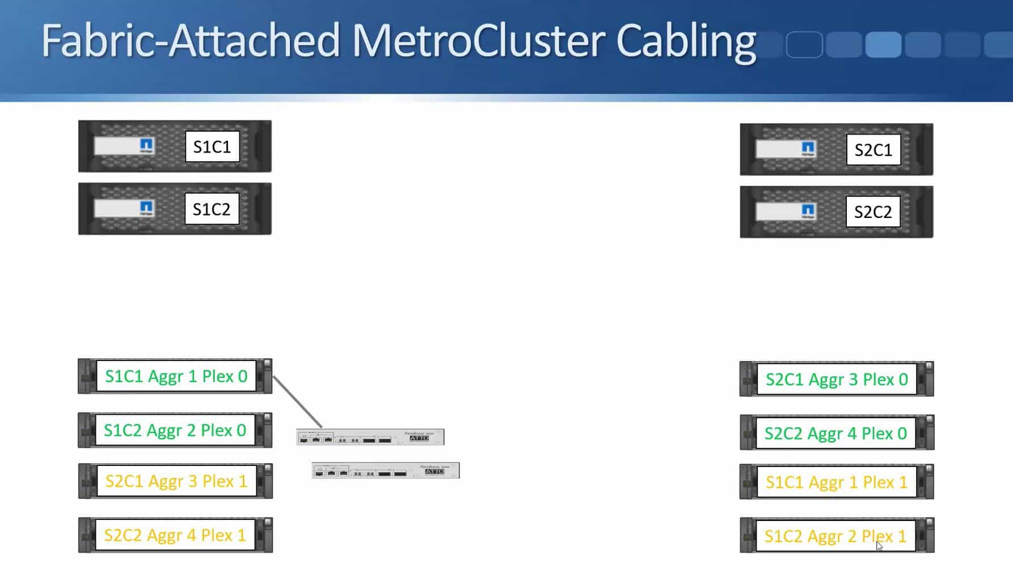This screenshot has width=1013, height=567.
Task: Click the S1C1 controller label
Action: click(x=212, y=147)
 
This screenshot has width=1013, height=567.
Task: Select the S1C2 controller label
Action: click(x=212, y=209)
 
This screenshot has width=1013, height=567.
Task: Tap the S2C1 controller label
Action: click(x=873, y=150)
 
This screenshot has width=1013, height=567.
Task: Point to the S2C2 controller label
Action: click(x=872, y=212)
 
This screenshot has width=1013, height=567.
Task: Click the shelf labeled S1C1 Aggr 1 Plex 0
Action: click(x=176, y=376)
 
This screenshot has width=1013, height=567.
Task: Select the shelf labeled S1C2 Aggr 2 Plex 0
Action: click(x=175, y=430)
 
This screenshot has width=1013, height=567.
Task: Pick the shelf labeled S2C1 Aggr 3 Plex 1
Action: click(x=176, y=481)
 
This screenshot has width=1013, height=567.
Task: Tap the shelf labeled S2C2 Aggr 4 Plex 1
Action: click(x=175, y=535)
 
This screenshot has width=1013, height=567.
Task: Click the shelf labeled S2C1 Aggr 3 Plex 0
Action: click(x=837, y=379)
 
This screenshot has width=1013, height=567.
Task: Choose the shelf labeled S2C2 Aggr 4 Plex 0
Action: click(x=835, y=434)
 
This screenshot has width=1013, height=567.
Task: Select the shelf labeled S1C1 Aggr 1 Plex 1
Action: click(x=837, y=482)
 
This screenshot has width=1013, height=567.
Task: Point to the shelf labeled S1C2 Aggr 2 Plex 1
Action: click(x=835, y=536)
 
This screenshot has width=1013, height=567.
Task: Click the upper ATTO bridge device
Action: click(x=370, y=437)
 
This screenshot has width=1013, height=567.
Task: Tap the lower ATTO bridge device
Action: click(x=386, y=471)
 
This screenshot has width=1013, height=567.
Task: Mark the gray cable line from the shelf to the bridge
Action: click(x=297, y=401)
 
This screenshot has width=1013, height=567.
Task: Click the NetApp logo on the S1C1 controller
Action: click(x=146, y=145)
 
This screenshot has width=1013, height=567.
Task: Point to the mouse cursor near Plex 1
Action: click(x=879, y=546)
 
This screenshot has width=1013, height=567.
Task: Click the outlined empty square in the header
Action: click(x=804, y=45)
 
